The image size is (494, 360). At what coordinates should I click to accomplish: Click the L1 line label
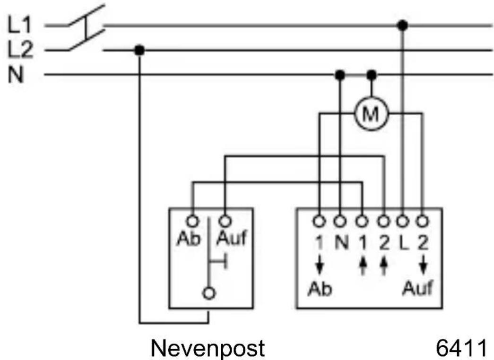19,25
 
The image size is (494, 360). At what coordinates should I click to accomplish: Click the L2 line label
20,50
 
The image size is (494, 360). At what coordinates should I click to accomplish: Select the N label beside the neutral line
16,75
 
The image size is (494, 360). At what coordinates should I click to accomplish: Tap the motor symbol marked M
372,113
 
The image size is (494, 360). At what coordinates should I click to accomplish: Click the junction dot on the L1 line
402,25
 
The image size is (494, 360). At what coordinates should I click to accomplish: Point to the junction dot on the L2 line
139,50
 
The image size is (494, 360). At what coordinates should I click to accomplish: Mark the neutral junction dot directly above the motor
372,75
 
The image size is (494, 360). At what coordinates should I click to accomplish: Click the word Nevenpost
208,348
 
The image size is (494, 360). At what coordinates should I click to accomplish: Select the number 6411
461,348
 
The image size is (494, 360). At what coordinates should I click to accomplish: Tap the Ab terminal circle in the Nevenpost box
192,222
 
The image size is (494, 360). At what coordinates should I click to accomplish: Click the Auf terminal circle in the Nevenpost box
225,222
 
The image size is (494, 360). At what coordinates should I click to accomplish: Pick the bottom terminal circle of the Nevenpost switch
209,293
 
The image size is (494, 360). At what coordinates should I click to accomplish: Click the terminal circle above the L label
402,222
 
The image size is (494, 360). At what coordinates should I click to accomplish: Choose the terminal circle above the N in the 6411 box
339,222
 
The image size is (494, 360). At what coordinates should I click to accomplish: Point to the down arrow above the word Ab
320,265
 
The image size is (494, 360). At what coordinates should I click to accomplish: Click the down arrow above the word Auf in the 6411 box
423,265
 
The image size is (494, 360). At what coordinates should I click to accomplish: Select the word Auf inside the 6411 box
417,288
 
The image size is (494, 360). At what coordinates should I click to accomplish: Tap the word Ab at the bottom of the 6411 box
320,289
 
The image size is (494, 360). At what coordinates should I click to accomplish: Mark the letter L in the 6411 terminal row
403,242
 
